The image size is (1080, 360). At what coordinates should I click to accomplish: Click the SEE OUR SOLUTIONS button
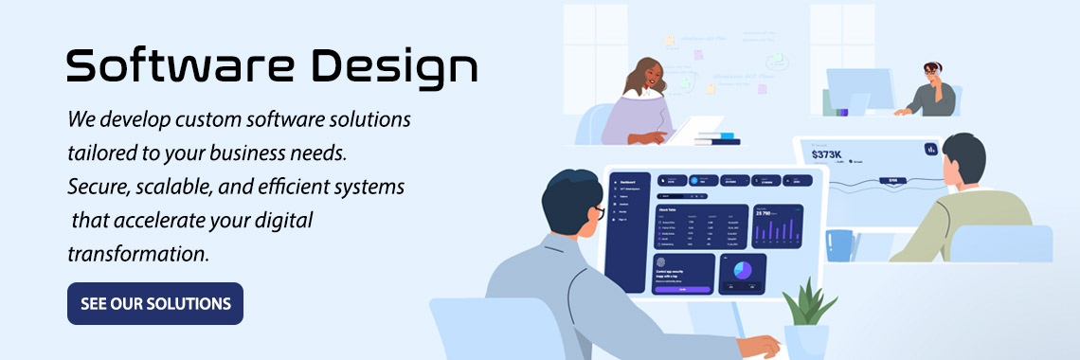point(155,303)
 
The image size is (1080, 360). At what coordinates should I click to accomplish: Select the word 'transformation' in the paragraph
point(137,254)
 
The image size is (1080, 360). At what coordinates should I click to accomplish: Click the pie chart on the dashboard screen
point(743,271)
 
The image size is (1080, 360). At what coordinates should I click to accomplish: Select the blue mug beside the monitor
point(837,244)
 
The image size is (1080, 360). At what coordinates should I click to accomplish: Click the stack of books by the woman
point(717,139)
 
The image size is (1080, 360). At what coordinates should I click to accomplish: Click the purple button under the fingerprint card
point(681,289)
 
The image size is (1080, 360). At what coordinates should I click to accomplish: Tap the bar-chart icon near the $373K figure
point(930,149)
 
